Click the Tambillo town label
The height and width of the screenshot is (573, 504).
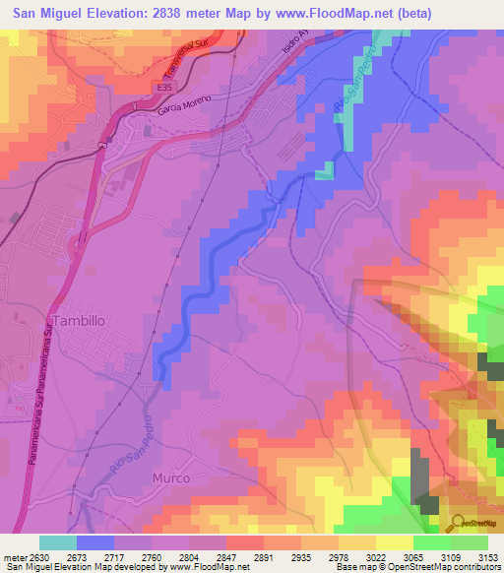click(79, 321)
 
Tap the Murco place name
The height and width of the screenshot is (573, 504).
click(169, 477)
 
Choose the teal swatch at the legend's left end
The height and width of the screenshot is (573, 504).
click(57, 542)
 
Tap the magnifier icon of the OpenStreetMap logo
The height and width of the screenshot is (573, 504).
click(457, 522)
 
